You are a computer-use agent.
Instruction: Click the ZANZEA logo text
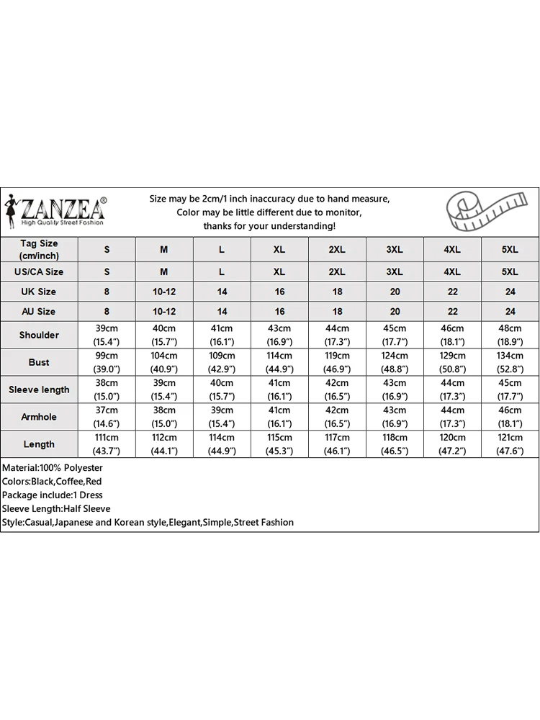pos(63,210)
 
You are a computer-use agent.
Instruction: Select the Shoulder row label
pos(39,335)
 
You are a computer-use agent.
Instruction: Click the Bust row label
pos(39,362)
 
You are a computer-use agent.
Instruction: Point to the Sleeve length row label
pos(39,390)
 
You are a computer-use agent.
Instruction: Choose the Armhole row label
pos(39,417)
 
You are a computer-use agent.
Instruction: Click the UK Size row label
pos(39,292)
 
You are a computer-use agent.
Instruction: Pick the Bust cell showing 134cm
pos(510,362)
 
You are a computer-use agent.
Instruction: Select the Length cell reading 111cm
pos(107,444)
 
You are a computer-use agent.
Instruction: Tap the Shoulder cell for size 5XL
pos(510,335)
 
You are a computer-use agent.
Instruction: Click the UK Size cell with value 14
pos(222,292)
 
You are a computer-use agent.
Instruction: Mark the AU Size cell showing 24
pos(510,312)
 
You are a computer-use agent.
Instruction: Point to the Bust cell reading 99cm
pos(107,362)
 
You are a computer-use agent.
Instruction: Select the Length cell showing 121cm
pos(510,444)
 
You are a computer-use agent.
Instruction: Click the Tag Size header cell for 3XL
pos(395,249)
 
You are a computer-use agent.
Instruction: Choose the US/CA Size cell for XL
pos(279,271)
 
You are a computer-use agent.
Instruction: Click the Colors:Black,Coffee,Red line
pos(52,481)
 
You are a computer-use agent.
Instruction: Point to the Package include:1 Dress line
pos(52,495)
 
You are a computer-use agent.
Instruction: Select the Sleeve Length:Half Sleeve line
pos(56,508)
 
